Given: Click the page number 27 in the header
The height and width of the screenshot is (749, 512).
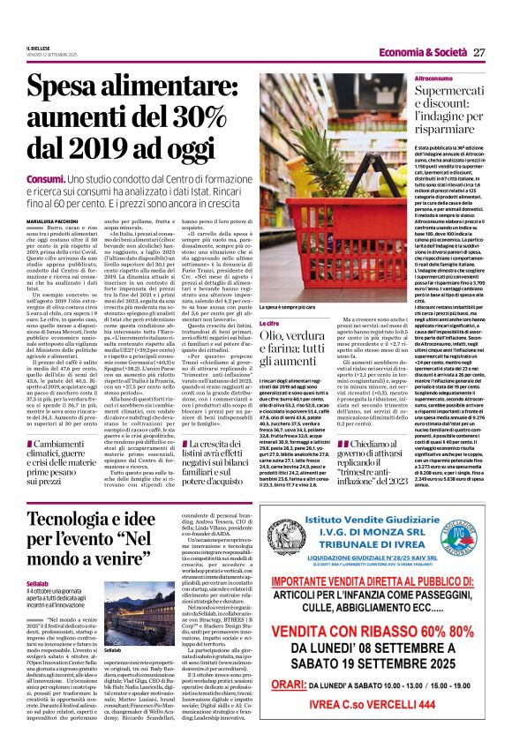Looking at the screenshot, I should pos(479,53).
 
